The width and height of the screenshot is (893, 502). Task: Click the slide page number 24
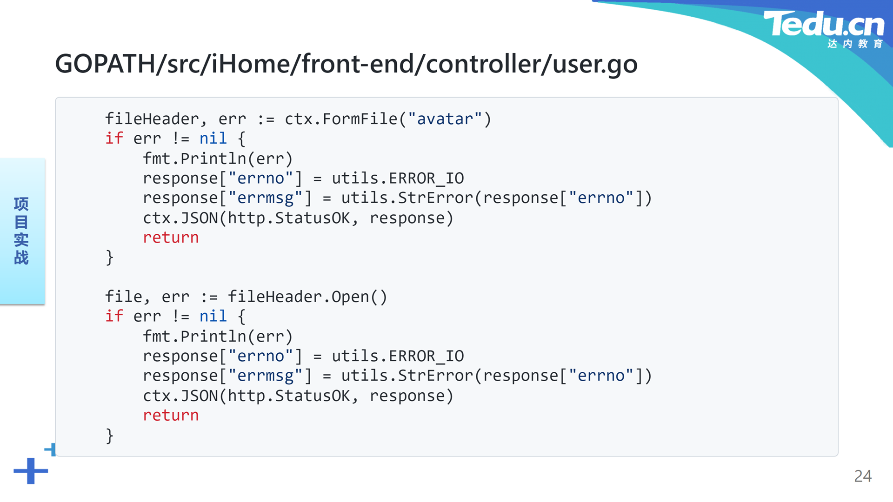tap(863, 476)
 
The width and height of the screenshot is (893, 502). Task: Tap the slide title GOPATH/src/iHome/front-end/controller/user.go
tap(346, 64)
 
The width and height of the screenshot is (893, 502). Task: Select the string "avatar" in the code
tap(445, 119)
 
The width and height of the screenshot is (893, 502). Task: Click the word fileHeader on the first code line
tap(152, 119)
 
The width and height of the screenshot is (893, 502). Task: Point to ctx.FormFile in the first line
tap(341, 119)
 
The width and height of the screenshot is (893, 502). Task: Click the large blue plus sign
tap(31, 471)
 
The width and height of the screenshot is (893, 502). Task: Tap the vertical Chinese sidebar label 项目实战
tap(21, 231)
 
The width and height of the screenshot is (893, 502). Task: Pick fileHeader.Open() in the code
tap(307, 297)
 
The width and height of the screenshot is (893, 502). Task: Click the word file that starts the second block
tap(124, 297)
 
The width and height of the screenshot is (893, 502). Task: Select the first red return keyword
tap(171, 238)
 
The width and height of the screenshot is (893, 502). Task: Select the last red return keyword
tap(171, 416)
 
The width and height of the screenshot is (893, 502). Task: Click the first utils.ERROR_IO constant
tap(398, 178)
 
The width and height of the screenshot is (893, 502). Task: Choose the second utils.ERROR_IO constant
tap(398, 357)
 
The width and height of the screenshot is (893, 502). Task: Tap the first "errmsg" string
tap(265, 198)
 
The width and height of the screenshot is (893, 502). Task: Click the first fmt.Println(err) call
tap(218, 159)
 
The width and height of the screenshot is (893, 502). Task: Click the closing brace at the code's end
tap(110, 436)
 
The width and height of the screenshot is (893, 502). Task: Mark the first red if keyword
tap(114, 139)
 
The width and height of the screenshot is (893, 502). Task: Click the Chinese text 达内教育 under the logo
tap(855, 44)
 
